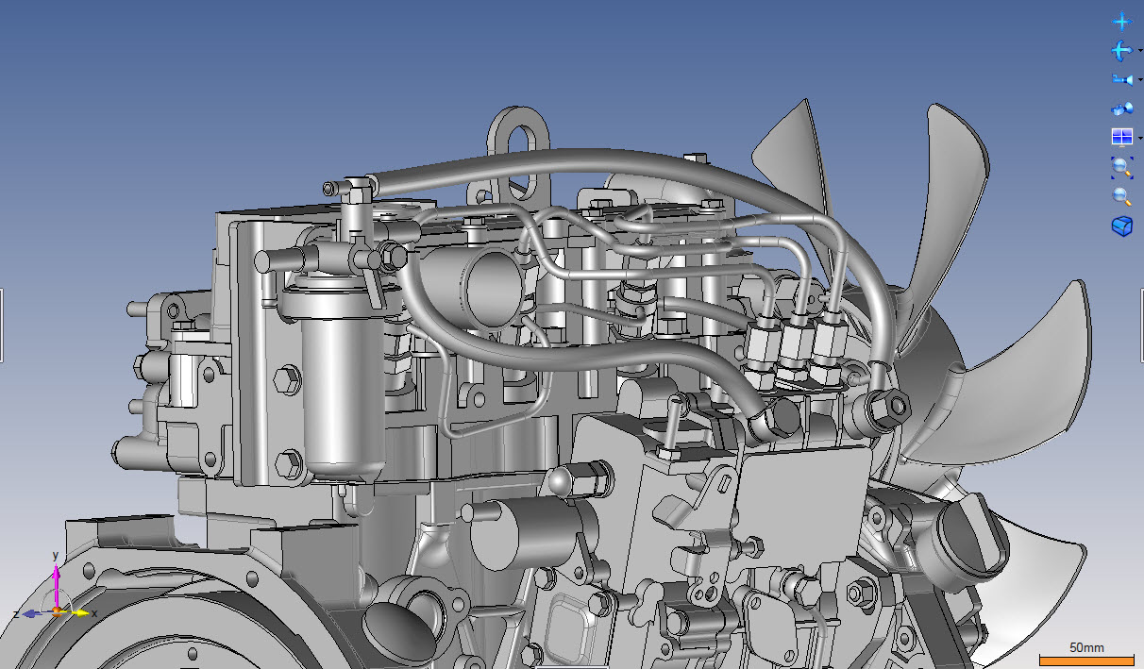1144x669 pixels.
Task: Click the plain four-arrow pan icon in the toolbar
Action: (x=1121, y=21)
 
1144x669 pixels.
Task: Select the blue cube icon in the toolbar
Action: (x=1121, y=226)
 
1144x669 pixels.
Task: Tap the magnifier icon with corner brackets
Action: (x=1121, y=167)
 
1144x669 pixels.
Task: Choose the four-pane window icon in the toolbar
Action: (x=1121, y=138)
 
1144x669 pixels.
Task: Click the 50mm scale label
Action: (x=1086, y=647)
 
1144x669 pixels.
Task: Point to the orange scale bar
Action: (x=1085, y=658)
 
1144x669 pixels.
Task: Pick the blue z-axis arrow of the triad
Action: (x=32, y=613)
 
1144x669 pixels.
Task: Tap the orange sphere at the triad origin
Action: (x=57, y=611)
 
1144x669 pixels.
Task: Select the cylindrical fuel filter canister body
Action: (x=335, y=387)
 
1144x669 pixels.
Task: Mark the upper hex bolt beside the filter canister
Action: (x=289, y=381)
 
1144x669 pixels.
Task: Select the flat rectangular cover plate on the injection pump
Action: (x=803, y=492)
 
